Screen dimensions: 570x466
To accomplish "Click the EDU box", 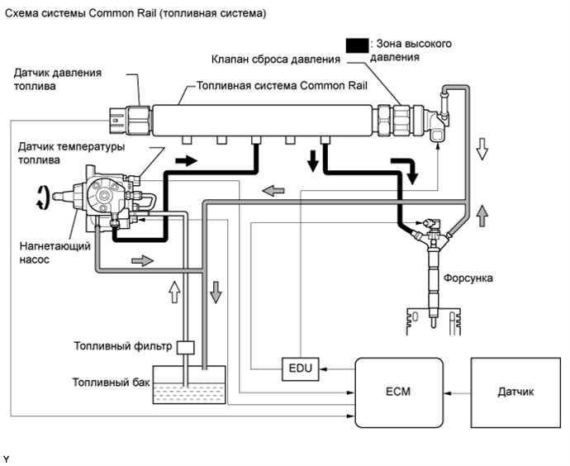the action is click(x=300, y=369).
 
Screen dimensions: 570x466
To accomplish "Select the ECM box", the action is click(x=398, y=392).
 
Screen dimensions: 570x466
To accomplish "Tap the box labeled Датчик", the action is click(x=515, y=392).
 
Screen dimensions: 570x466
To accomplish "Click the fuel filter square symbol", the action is click(x=185, y=348).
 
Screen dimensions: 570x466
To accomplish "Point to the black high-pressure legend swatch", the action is click(x=357, y=45).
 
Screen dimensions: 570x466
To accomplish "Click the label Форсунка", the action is click(x=468, y=278).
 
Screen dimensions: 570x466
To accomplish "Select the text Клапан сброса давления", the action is click(x=276, y=59).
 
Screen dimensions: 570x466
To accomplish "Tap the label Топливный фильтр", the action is click(x=123, y=346).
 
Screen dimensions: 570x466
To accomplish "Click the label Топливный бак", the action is click(x=111, y=383).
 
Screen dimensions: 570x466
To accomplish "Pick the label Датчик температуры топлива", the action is click(x=71, y=154).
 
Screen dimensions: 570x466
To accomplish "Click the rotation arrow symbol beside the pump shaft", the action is click(x=42, y=197).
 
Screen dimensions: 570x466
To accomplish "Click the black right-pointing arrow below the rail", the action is click(x=186, y=160).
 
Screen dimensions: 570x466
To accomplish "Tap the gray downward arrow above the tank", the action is click(x=216, y=292).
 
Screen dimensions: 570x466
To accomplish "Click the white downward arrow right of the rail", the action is click(x=482, y=149).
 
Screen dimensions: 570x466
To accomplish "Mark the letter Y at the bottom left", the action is click(x=6, y=459).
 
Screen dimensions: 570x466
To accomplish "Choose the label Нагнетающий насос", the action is click(x=55, y=253).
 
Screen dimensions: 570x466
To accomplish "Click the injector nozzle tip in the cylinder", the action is click(x=434, y=325).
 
